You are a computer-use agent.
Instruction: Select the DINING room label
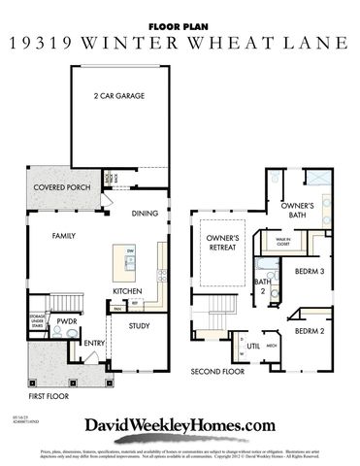(x=145, y=214)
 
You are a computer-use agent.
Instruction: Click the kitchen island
(x=132, y=262)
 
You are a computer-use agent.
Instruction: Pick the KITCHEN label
(x=128, y=291)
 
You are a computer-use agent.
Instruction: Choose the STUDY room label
(x=139, y=326)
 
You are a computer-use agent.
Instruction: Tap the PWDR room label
(x=66, y=319)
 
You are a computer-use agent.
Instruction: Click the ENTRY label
(x=94, y=343)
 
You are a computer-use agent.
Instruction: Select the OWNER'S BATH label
(x=296, y=211)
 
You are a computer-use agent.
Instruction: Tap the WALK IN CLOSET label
(x=284, y=242)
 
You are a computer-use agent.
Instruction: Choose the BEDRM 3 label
(x=309, y=271)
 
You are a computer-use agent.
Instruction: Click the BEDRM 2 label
(x=309, y=331)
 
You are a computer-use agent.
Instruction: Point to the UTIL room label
(x=254, y=346)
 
